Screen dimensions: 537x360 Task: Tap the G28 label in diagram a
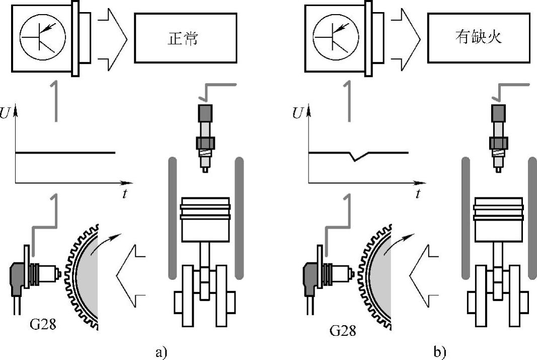click(x=43, y=324)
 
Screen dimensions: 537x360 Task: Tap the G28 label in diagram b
click(x=343, y=330)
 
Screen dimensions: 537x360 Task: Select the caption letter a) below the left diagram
click(x=162, y=352)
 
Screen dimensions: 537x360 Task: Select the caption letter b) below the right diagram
click(x=439, y=352)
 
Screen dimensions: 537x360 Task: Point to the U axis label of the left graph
click(x=5, y=113)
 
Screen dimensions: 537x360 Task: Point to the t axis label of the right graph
click(x=418, y=194)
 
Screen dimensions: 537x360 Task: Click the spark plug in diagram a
click(x=205, y=138)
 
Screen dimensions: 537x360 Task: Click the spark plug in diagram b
click(x=498, y=138)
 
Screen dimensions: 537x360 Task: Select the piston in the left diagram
click(x=205, y=220)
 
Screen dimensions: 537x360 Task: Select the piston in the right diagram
click(x=498, y=220)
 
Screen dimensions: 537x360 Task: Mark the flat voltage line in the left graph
click(x=65, y=153)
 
